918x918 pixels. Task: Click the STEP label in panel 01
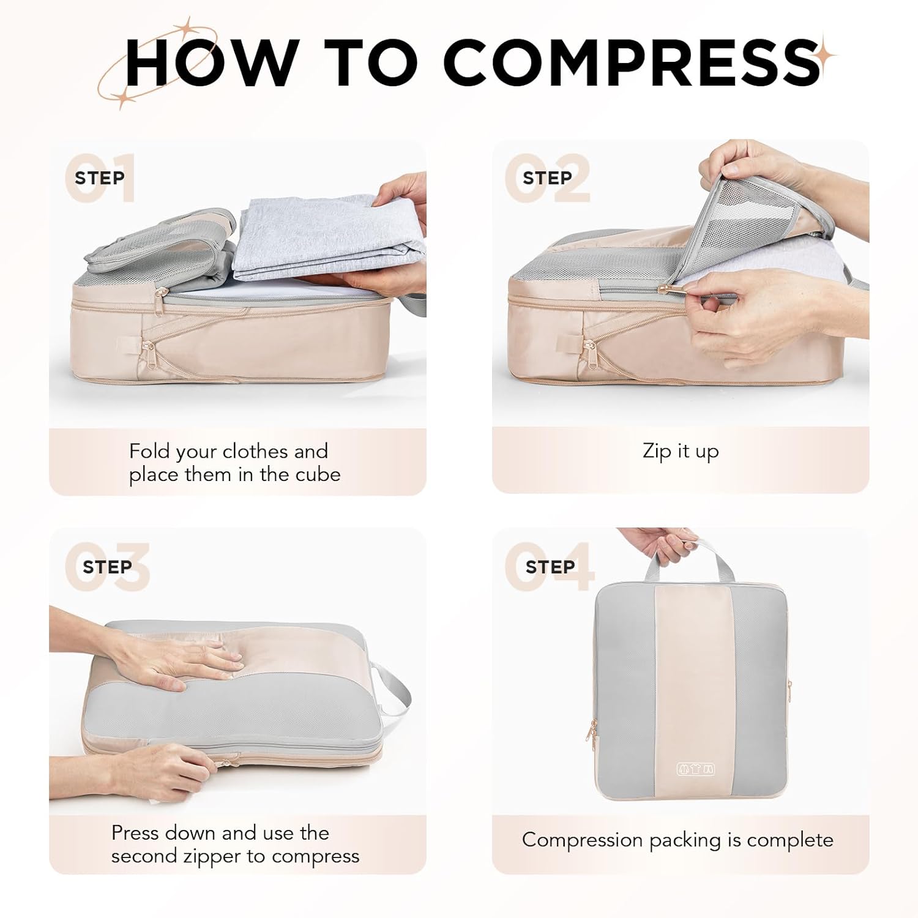coord(100,178)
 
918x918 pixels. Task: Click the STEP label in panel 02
coord(547,178)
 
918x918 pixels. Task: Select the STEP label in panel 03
coord(107,567)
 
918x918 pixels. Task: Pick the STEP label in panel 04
coord(550,567)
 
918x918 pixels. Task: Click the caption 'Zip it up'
coord(681,451)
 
